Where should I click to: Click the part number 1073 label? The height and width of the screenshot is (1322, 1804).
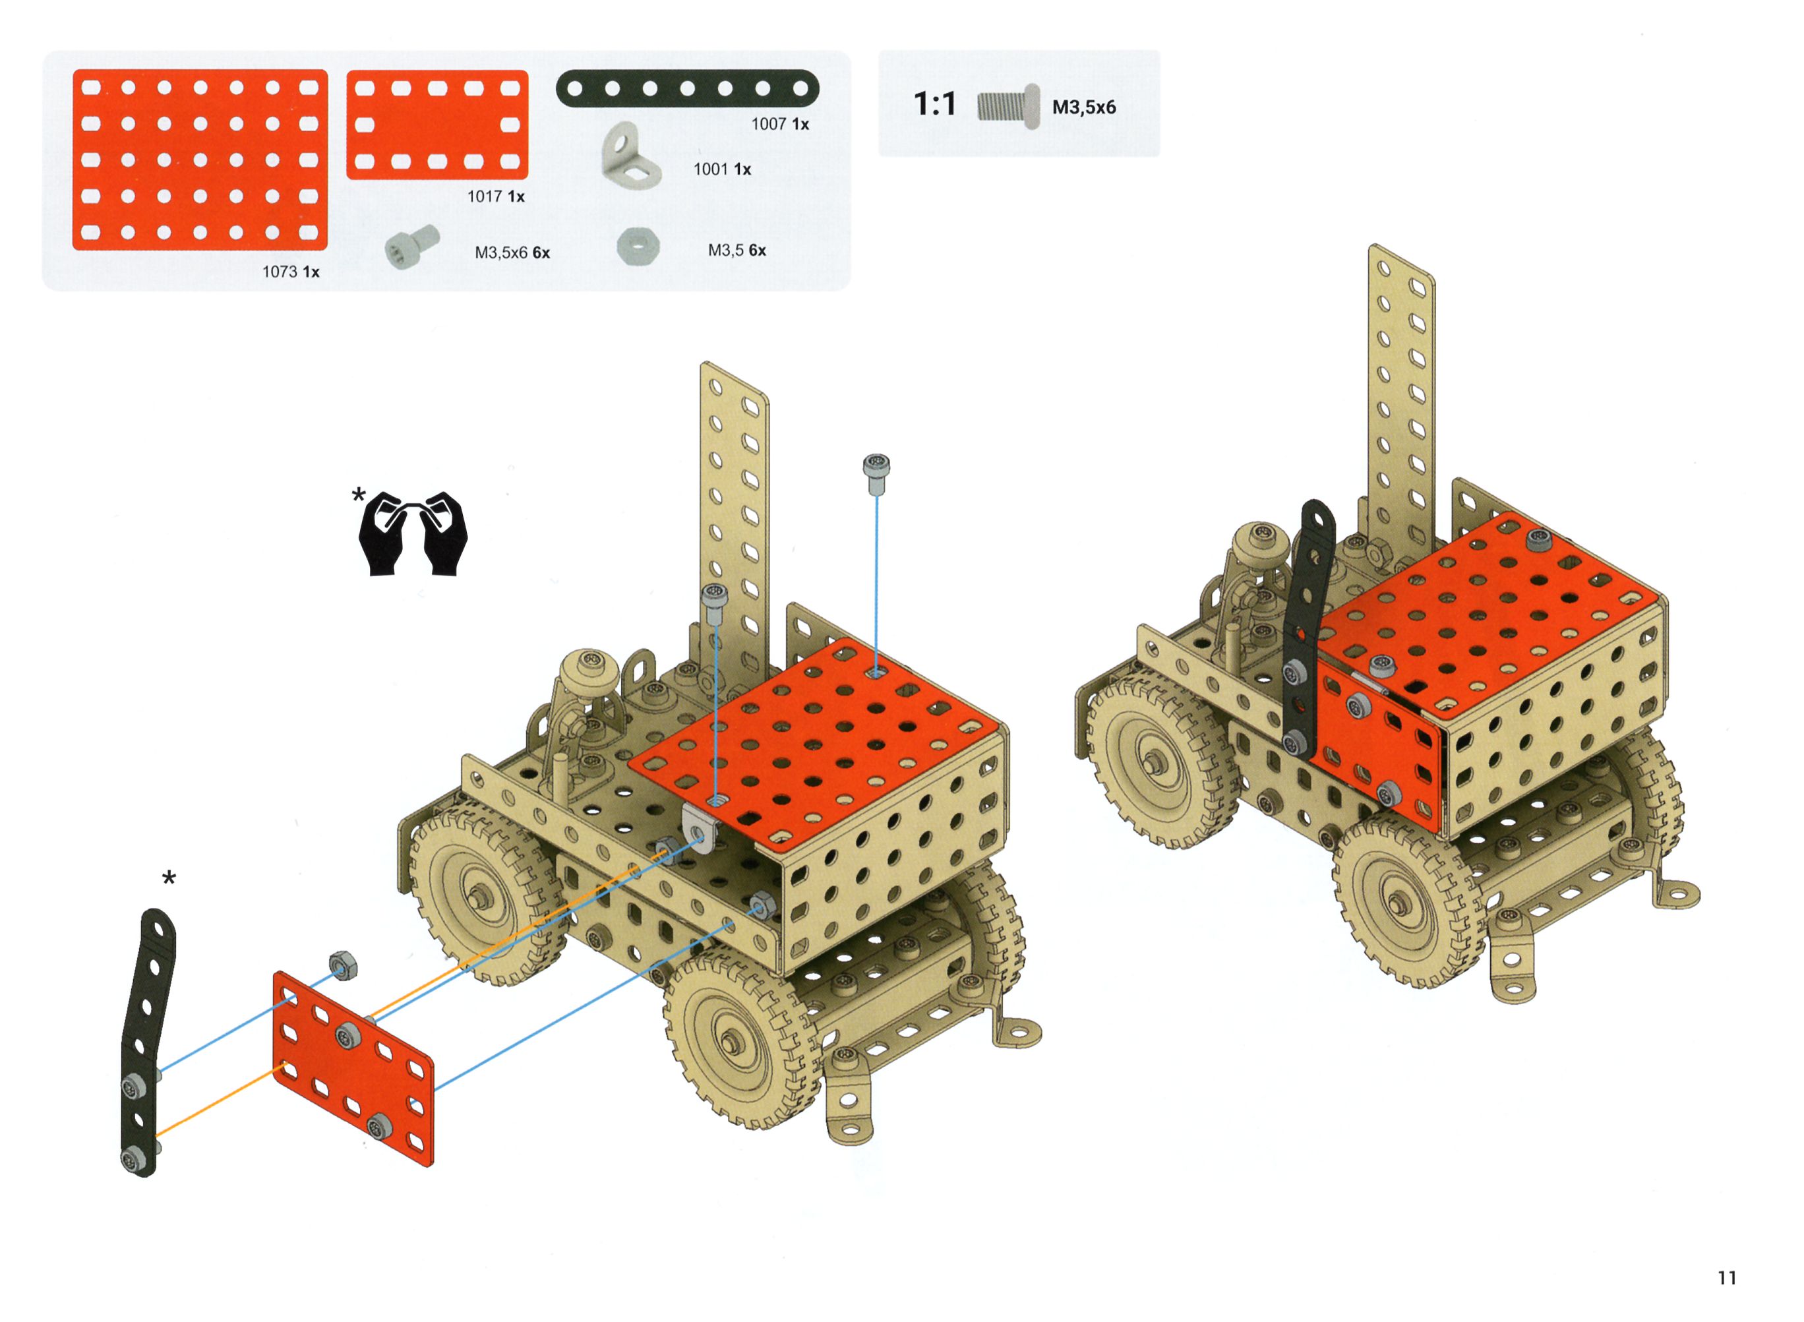280,272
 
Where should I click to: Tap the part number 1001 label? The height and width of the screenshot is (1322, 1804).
711,169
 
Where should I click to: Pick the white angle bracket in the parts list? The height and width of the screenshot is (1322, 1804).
630,156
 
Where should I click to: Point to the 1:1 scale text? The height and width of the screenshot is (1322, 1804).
935,104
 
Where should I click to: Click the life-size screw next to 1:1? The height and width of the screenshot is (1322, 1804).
1008,106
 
